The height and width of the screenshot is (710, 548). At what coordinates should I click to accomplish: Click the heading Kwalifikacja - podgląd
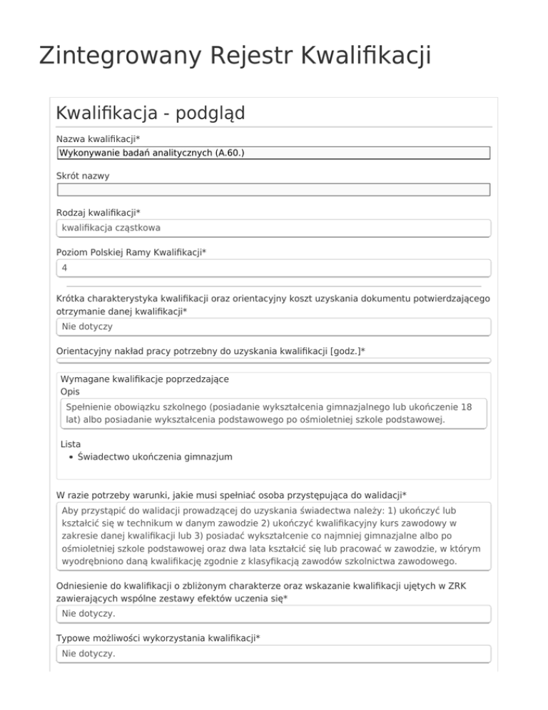(x=150, y=113)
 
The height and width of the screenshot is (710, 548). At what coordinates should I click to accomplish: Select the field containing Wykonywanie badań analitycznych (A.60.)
(x=273, y=153)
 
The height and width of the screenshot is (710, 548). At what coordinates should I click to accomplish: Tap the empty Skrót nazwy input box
(x=273, y=190)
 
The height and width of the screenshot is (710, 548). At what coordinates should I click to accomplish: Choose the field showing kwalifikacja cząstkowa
(x=273, y=229)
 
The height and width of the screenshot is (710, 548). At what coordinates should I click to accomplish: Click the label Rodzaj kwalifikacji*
(x=98, y=213)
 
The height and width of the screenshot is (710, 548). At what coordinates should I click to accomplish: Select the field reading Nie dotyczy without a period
(x=273, y=326)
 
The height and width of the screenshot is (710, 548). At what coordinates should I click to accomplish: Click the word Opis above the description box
(x=71, y=391)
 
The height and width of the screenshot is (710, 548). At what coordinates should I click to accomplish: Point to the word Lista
(x=71, y=444)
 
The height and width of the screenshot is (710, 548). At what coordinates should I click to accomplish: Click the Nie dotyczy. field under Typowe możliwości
(x=273, y=654)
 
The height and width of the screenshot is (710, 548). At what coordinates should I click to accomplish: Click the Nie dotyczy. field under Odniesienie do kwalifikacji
(x=273, y=614)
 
